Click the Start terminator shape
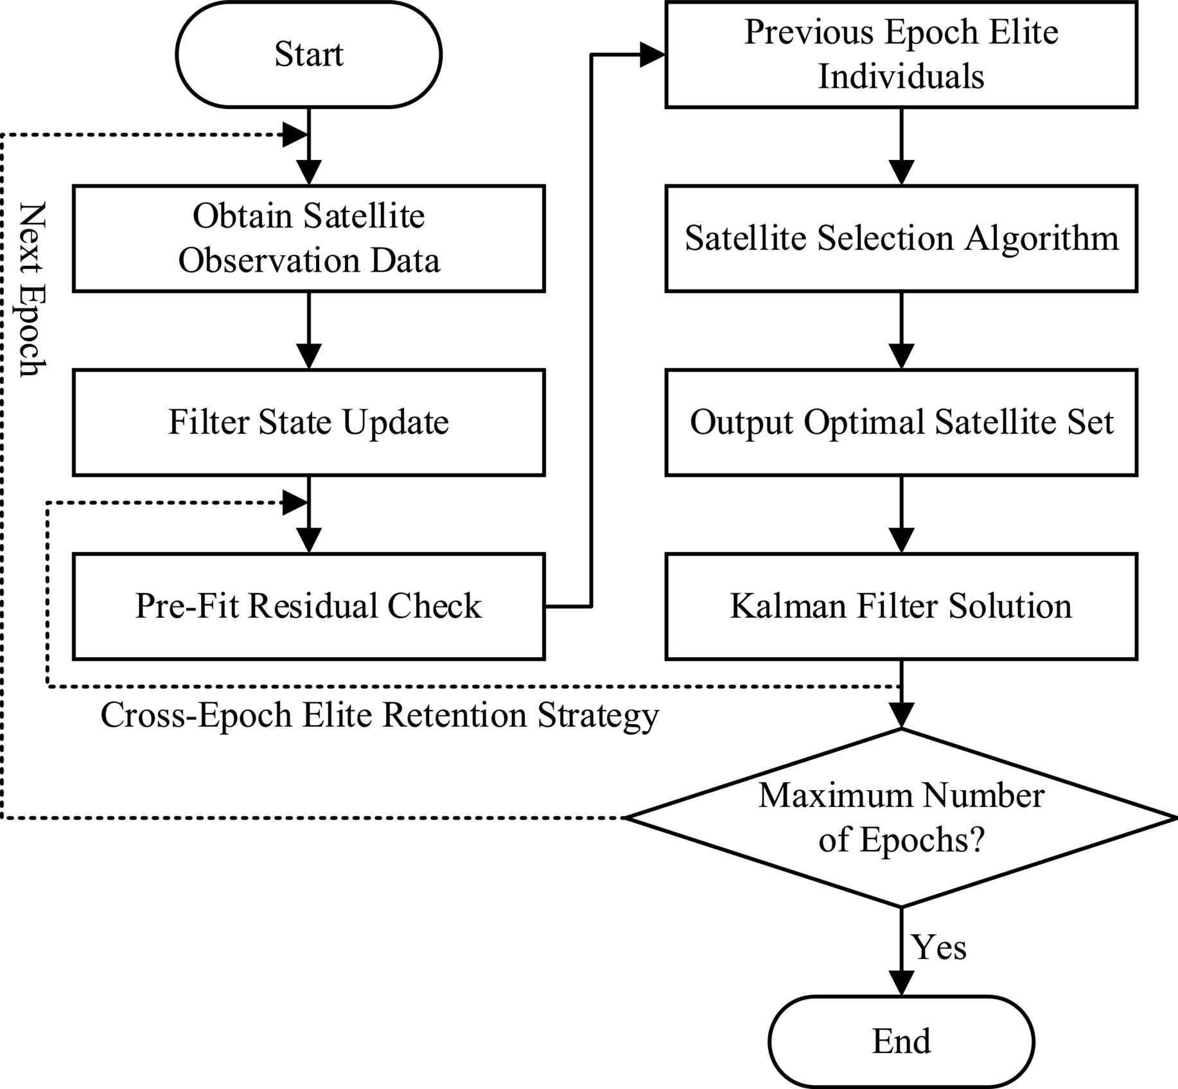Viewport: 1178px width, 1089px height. coord(308,55)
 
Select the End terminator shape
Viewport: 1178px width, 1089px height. coord(901,1041)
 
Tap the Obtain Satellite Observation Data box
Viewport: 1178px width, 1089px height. coord(308,238)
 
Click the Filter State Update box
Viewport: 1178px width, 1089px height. coord(308,422)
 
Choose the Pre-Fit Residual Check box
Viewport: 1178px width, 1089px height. coord(308,606)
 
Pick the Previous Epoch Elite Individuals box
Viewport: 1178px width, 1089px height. coord(901,55)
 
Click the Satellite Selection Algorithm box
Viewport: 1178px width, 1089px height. coord(901,238)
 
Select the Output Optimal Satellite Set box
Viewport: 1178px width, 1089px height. coord(901,422)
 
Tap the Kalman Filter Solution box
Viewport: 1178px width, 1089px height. coord(901,606)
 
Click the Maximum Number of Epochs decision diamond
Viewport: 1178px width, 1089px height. coord(901,817)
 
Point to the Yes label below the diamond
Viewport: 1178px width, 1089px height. coord(939,948)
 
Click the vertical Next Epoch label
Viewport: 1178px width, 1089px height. coord(32,289)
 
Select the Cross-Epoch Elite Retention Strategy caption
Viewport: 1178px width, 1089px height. coord(380,715)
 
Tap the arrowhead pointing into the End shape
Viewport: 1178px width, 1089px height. coord(901,982)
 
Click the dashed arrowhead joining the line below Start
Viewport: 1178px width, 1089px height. coord(295,136)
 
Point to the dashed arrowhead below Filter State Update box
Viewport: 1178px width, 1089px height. coord(295,504)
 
